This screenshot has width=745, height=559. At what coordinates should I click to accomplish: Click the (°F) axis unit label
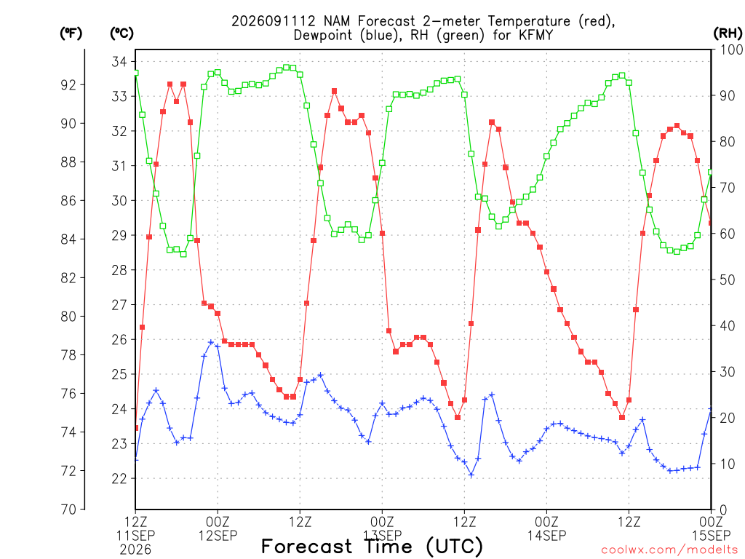(x=71, y=33)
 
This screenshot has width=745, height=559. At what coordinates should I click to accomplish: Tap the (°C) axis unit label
(x=121, y=33)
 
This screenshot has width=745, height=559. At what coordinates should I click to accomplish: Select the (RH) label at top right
(x=728, y=33)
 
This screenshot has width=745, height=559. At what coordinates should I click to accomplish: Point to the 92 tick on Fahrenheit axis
(x=68, y=85)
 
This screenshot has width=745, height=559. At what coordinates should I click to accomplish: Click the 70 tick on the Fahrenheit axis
(x=68, y=509)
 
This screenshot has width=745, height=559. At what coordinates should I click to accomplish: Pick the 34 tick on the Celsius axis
(x=119, y=62)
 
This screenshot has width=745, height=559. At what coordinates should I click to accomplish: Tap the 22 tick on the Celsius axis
(x=119, y=479)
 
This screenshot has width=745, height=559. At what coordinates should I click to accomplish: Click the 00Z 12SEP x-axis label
(x=218, y=528)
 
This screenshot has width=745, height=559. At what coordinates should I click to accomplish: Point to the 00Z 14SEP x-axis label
(x=546, y=528)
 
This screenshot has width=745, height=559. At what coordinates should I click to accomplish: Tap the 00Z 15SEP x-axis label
(x=712, y=528)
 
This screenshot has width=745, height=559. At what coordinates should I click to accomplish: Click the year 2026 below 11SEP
(x=135, y=550)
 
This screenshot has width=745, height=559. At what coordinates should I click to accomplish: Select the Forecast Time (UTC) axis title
(x=372, y=547)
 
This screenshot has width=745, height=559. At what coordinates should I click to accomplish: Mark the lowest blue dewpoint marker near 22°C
(x=471, y=475)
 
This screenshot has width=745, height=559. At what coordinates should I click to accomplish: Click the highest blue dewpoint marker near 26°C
(x=211, y=342)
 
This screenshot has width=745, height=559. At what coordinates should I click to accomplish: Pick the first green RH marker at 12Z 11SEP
(x=136, y=74)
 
